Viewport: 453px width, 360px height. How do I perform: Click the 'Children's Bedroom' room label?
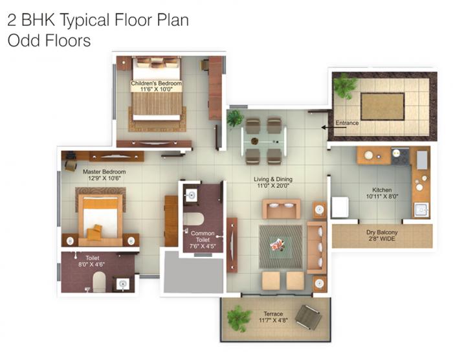[157, 84]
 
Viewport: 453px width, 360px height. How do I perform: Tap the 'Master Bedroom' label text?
[104, 172]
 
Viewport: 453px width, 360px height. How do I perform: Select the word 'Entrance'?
[346, 122]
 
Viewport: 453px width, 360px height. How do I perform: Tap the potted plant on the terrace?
[239, 318]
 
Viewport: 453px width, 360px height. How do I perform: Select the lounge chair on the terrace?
[308, 317]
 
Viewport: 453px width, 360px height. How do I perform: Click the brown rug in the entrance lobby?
[382, 106]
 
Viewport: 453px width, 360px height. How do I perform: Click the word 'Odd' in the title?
[22, 40]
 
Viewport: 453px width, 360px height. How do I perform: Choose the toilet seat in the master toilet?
[99, 280]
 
